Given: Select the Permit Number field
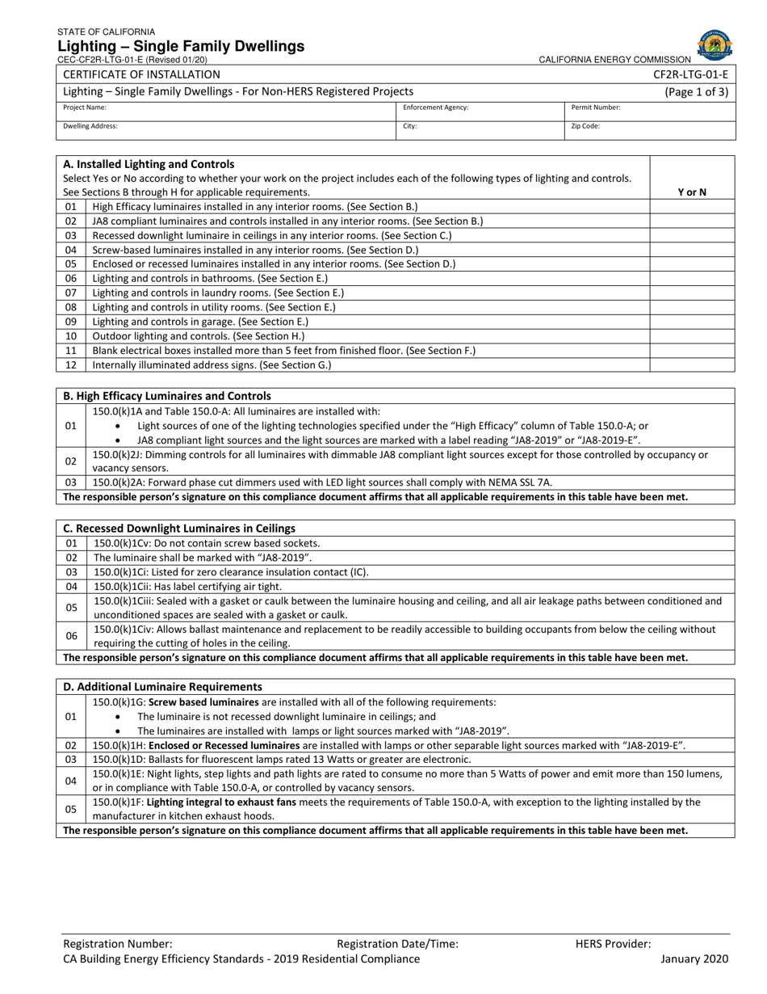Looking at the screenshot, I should click(x=650, y=112).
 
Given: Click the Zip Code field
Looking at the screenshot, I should click(x=650, y=131).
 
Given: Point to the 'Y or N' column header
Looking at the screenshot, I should click(x=691, y=192).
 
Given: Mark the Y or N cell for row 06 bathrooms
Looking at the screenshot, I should click(x=691, y=278).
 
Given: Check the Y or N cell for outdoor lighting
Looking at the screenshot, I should click(x=691, y=336).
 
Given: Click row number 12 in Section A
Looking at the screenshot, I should click(x=71, y=365).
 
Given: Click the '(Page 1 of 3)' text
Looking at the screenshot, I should click(x=696, y=92).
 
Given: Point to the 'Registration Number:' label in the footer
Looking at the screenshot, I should click(x=118, y=943).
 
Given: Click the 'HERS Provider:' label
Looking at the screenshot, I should click(x=613, y=943).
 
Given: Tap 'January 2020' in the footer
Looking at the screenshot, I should click(x=694, y=959).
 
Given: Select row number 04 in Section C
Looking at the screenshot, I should click(x=71, y=587).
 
